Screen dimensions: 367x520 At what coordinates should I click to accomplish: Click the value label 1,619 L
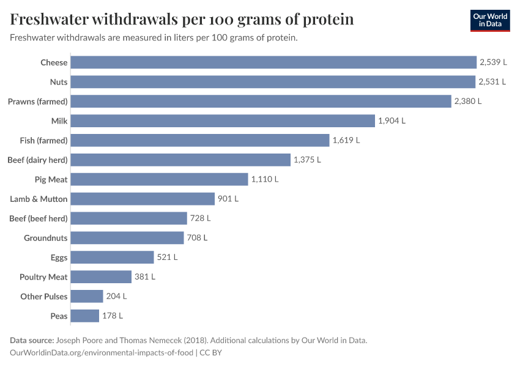tap(346, 141)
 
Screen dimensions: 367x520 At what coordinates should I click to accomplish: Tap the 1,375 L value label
tap(307, 160)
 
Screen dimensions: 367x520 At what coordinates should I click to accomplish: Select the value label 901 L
tap(228, 199)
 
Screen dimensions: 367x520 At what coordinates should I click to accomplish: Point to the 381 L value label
tap(145, 277)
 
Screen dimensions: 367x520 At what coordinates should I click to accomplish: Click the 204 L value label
tap(116, 297)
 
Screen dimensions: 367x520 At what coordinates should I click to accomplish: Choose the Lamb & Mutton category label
tap(39, 199)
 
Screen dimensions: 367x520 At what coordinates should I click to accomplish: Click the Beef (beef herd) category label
tap(39, 218)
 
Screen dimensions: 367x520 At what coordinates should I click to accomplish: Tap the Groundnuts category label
tap(46, 238)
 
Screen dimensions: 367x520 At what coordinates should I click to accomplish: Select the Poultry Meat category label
tap(43, 277)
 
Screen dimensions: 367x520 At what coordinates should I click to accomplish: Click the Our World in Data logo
tap(490, 20)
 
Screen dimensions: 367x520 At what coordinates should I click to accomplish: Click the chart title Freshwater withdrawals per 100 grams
tap(182, 20)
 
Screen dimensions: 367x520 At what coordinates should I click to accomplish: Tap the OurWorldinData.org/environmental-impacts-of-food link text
tap(102, 353)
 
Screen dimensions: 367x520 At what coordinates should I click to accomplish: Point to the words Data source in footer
tap(32, 341)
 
